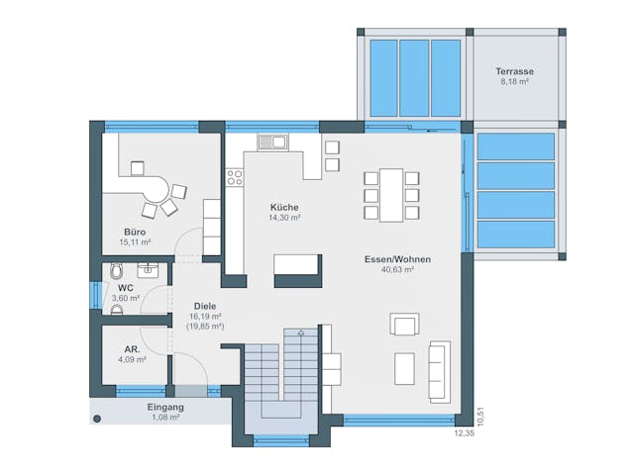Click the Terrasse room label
click(x=515, y=71)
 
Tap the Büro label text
click(x=135, y=231)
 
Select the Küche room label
click(x=284, y=207)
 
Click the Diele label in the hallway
click(x=205, y=307)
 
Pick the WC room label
click(x=126, y=287)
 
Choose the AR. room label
click(x=132, y=349)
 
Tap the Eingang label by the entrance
click(x=165, y=407)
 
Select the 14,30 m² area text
click(x=285, y=217)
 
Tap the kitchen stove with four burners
click(x=235, y=178)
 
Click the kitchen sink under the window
click(x=272, y=142)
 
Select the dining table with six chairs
click(x=391, y=193)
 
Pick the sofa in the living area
click(x=439, y=371)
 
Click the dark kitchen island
click(x=297, y=264)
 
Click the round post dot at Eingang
click(x=97, y=419)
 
